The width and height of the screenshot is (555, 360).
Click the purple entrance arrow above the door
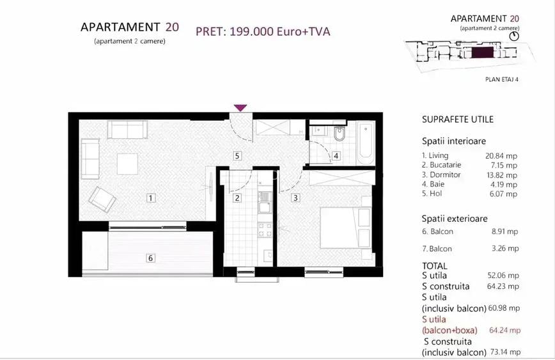[240, 108]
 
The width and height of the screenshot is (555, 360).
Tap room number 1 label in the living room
[151, 198]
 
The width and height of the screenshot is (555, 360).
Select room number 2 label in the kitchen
[237, 198]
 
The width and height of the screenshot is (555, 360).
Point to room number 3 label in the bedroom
[295, 198]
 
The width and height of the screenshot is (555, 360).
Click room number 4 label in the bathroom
[336, 155]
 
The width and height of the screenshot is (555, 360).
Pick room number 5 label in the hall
[237, 155]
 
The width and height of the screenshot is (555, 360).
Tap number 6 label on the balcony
[151, 258]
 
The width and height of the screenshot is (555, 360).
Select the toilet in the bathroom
[340, 134]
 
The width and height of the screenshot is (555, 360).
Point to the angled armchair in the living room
[102, 199]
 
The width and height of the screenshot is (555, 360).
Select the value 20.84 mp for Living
[501, 155]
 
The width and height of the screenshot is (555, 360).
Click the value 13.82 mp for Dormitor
[501, 175]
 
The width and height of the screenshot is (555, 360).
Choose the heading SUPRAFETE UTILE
[458, 120]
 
